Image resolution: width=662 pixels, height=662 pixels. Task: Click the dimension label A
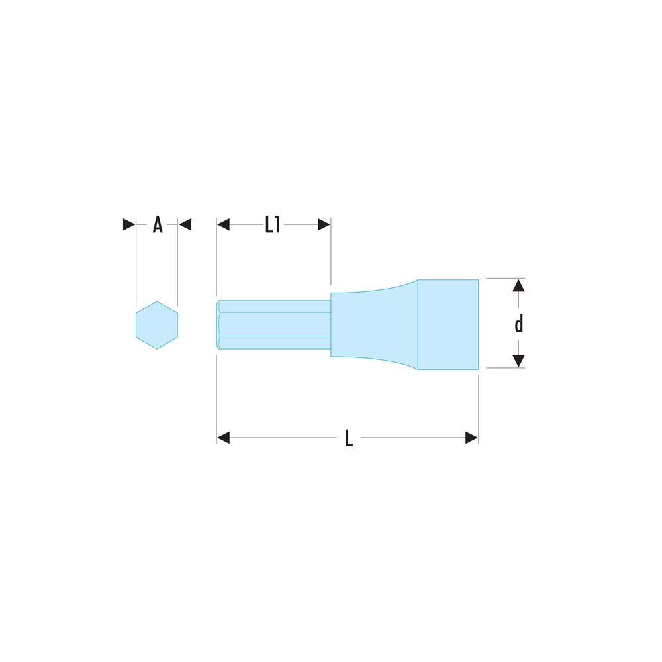pyautogui.click(x=158, y=224)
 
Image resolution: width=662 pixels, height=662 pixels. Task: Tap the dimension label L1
pyautogui.click(x=272, y=224)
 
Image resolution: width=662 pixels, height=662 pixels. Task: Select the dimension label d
pyautogui.click(x=519, y=324)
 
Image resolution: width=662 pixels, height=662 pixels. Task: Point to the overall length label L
pyautogui.click(x=349, y=438)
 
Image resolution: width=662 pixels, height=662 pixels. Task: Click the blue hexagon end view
pyautogui.click(x=157, y=325)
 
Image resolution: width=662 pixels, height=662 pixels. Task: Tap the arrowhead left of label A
pyautogui.click(x=129, y=224)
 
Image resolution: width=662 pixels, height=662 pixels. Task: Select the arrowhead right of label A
pyautogui.click(x=185, y=224)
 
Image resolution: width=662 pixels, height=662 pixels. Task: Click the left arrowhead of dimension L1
pyautogui.click(x=223, y=224)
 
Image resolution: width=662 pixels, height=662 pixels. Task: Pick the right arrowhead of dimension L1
pyautogui.click(x=324, y=224)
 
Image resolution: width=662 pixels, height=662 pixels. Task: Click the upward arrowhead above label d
pyautogui.click(x=518, y=285)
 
